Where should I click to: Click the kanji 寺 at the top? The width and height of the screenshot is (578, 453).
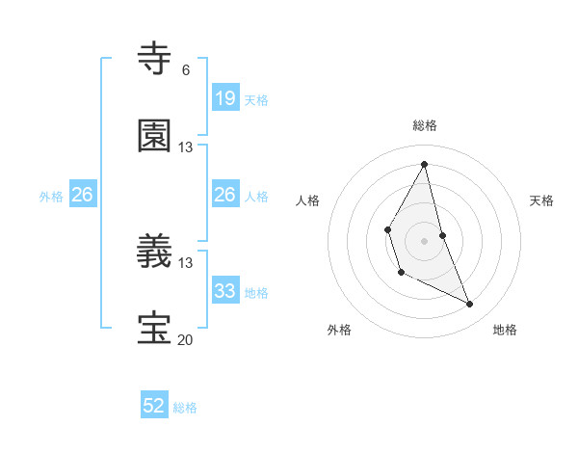point(155,59)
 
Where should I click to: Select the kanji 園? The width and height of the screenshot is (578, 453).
point(155,137)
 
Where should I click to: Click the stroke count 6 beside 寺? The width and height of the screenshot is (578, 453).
point(185,70)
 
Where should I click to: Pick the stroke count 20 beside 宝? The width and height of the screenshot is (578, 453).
point(185,340)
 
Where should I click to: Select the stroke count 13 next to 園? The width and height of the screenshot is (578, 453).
point(185,147)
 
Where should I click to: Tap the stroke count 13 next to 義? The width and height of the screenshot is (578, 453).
point(185,262)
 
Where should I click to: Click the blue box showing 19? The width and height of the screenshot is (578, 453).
point(224,98)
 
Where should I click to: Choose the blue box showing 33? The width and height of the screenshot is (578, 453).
point(224,290)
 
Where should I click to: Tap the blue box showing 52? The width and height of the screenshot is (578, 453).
point(154,406)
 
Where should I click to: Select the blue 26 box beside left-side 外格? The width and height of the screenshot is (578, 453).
point(82,195)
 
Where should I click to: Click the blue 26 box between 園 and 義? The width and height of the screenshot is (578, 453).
point(224,195)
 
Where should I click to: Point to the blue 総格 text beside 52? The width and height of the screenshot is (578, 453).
point(185,408)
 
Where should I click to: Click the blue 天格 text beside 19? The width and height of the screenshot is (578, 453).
point(256,99)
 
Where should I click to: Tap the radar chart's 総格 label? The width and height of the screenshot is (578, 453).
point(425,125)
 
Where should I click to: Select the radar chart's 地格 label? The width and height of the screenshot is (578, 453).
point(505,330)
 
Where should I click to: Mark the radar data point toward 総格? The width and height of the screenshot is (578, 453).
point(425,165)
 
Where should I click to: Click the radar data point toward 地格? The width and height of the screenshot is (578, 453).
point(470,305)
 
